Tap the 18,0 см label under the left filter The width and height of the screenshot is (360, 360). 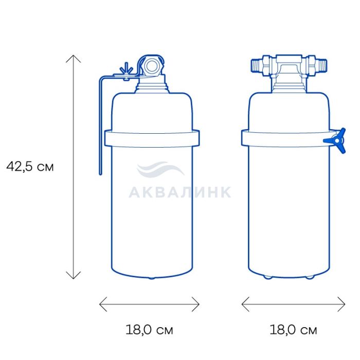pyautogui.click(x=149, y=330)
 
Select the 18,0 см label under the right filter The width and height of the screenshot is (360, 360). pyautogui.click(x=293, y=330)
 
